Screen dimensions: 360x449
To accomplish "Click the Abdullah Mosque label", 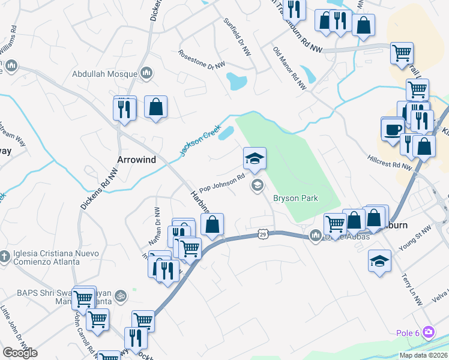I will [x=105, y=74].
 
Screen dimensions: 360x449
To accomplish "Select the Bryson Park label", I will [x=295, y=199].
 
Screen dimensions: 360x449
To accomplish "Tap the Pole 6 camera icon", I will [x=429, y=331].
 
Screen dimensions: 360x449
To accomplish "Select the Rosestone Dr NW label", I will [x=202, y=59].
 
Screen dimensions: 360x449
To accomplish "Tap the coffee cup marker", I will [x=393, y=130].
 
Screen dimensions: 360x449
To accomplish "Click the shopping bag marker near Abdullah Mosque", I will [x=155, y=107].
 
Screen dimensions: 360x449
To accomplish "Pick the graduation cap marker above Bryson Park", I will [x=255, y=159].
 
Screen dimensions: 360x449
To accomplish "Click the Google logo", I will [x=20, y=353].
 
